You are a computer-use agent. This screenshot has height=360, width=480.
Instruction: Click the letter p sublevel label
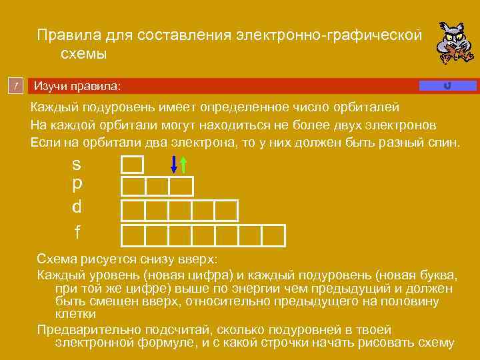point(77,184)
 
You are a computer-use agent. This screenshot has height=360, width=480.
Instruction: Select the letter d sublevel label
point(77,206)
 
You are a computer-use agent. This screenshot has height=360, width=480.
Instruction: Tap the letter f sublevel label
point(77,232)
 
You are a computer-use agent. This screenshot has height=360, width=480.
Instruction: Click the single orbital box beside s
point(132,165)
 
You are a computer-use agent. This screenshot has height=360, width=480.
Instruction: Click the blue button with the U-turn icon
point(447,85)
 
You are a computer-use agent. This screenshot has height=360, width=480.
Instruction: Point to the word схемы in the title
point(84,53)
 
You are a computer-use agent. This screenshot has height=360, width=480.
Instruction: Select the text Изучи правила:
point(78,87)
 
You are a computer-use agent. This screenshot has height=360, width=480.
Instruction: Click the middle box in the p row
point(157,187)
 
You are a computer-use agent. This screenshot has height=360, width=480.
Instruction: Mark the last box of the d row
point(226,210)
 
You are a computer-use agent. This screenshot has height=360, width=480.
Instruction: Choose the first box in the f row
point(133,235)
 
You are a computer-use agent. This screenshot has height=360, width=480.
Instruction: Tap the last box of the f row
point(273,235)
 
